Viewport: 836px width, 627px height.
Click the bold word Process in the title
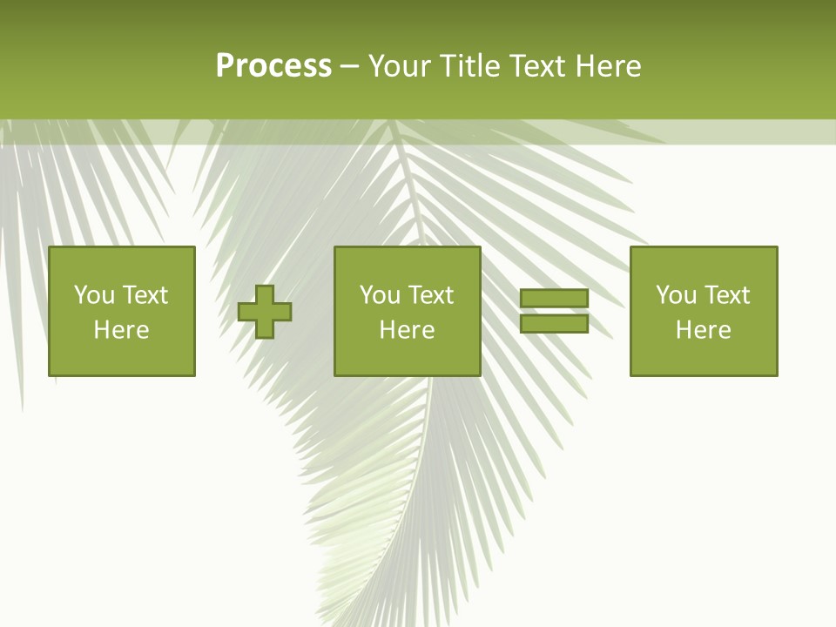pyautogui.click(x=273, y=66)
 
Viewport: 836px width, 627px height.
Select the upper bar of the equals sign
pyautogui.click(x=554, y=299)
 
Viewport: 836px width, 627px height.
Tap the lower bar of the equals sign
pyautogui.click(x=554, y=323)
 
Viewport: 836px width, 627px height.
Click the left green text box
pyautogui.click(x=121, y=311)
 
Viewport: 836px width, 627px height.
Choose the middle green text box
pyautogui.click(x=407, y=311)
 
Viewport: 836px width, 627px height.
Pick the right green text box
pyautogui.click(x=703, y=311)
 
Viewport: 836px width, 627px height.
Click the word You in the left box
pyautogui.click(x=94, y=295)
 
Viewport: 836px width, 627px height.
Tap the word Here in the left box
pyautogui.click(x=121, y=330)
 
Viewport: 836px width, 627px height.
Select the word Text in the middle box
pyautogui.click(x=430, y=295)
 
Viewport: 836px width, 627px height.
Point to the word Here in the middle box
pyautogui.click(x=407, y=330)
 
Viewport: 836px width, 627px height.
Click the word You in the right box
pyautogui.click(x=676, y=295)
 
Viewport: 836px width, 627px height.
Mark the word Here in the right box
pyautogui.click(x=703, y=330)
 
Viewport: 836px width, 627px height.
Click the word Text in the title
pyautogui.click(x=537, y=66)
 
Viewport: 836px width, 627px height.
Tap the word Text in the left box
pyautogui.click(x=145, y=295)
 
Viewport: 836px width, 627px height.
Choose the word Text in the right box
pyautogui.click(x=726, y=295)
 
